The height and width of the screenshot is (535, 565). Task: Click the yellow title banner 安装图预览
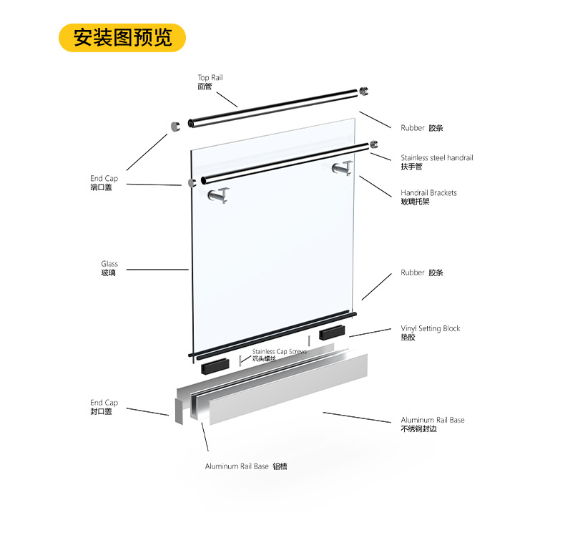coord(122,38)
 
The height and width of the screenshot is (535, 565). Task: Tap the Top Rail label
coord(210,82)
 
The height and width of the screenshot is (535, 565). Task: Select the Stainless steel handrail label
coord(437,162)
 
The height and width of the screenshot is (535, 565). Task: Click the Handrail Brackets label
coord(428,197)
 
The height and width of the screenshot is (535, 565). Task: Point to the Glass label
coord(109,268)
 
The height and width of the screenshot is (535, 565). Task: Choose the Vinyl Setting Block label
coord(431,333)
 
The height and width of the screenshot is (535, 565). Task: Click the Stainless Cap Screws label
coord(279,355)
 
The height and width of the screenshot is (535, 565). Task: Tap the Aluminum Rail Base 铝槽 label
coord(246,466)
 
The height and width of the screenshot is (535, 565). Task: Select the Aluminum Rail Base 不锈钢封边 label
coord(433,424)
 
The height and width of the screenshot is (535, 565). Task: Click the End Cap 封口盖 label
coord(104,407)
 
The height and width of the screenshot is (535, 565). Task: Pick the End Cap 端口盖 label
coord(104,182)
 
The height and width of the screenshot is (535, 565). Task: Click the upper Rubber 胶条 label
coord(421,128)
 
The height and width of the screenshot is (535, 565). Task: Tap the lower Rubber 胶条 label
coord(421,273)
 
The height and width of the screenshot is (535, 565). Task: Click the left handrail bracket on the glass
coord(219,195)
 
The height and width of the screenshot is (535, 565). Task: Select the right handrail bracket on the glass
coord(343,168)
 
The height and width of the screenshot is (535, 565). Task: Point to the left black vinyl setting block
coord(215,366)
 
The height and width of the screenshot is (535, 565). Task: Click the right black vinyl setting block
coord(332,333)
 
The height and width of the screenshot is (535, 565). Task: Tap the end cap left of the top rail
coord(175,127)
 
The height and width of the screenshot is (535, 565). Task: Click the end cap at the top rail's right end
coord(363,91)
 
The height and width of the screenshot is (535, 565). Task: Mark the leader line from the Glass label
coord(157,270)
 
